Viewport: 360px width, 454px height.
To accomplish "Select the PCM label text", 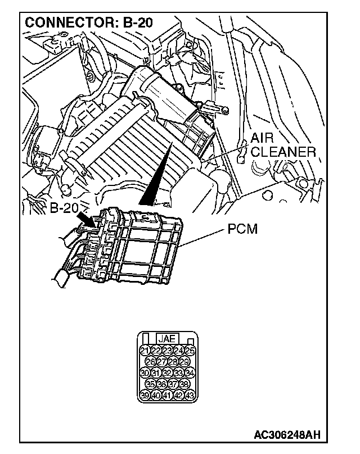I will point(244,230).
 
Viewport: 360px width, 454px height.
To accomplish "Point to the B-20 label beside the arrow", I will point(63,208).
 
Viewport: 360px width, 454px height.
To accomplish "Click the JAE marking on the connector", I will point(167,339).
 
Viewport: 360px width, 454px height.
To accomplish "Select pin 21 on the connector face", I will point(144,351).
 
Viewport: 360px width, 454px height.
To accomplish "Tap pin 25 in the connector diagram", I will point(190,351).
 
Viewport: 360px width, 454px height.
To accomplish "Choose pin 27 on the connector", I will point(161,361).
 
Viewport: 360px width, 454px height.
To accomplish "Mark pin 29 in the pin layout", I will point(184,361).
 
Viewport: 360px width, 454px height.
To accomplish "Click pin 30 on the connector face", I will point(144,373).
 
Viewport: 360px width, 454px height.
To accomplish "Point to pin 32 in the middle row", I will point(167,373).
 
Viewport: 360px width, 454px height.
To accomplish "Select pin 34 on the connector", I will point(190,373).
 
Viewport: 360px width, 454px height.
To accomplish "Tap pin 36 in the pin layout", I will point(161,384).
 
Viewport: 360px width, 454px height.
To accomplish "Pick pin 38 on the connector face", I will point(184,384).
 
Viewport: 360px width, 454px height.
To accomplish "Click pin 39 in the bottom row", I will point(144,394).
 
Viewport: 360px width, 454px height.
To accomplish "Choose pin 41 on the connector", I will point(167,394).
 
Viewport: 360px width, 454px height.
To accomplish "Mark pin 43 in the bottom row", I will point(190,394).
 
